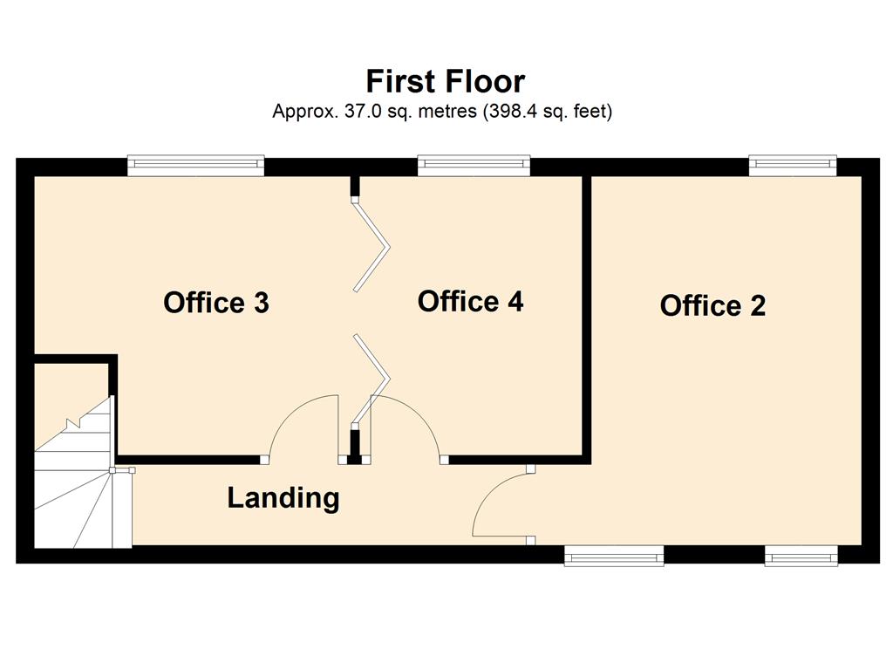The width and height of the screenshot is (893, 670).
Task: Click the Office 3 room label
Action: [x=216, y=303]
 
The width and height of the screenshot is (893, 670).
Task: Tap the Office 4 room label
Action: [x=470, y=301]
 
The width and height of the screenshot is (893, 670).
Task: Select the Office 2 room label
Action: [x=712, y=305]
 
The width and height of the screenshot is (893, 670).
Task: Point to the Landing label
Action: [x=283, y=498]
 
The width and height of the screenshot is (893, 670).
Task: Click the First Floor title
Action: [x=446, y=81]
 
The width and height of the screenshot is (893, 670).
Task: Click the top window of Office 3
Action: [x=196, y=165]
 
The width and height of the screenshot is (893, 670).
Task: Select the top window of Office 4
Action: [x=474, y=165]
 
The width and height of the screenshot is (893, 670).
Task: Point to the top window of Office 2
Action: [x=793, y=165]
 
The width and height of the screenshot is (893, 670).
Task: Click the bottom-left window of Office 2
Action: [x=614, y=556]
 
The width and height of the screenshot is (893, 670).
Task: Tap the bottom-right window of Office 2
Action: [x=801, y=556]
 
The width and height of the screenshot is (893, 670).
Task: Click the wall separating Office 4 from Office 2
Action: [x=586, y=316]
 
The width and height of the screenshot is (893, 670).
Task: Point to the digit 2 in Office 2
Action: [x=758, y=305]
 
